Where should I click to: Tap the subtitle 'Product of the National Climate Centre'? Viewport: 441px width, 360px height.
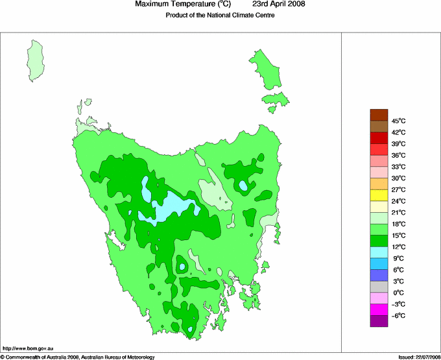tap(220, 16)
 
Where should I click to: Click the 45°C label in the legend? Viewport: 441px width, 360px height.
tap(398, 121)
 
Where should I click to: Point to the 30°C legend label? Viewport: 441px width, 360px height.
tap(398, 178)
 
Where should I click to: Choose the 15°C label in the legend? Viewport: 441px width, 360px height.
tap(398, 235)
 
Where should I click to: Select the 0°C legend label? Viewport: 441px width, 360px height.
tap(398, 293)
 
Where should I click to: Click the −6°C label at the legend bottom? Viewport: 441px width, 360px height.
tap(398, 316)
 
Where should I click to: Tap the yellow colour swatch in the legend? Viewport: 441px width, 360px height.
tap(379, 195)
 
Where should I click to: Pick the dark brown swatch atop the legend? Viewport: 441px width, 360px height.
tap(379, 115)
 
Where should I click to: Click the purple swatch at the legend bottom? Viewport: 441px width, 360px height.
tap(379, 320)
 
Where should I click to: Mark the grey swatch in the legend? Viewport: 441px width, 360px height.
tap(379, 286)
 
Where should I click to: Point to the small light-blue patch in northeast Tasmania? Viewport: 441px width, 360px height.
tap(244, 186)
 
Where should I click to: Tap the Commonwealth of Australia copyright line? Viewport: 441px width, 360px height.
tap(78, 357)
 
